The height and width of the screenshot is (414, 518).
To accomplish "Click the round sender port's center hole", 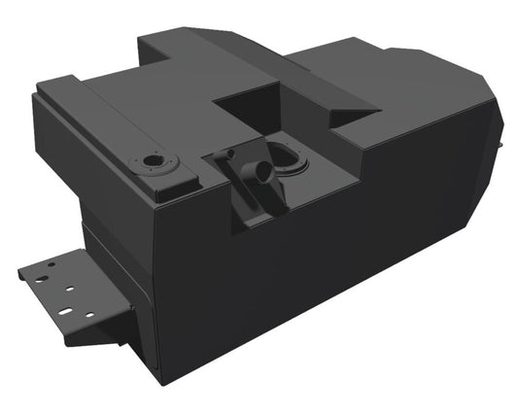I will [153, 161].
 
